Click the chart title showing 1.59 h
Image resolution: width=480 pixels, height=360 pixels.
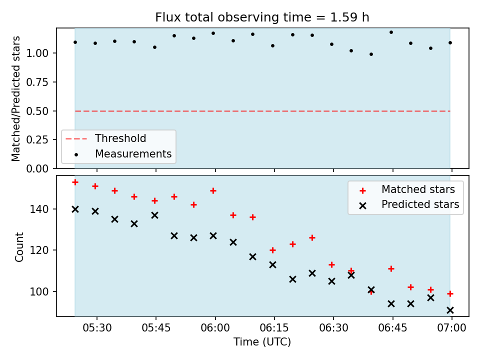[x=262, y=17]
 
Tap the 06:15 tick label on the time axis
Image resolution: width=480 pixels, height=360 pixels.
[x=274, y=328]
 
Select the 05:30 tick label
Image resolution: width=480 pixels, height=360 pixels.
[x=97, y=328]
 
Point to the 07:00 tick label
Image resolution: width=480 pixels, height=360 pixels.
[x=451, y=328]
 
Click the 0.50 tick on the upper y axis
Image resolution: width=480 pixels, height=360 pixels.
[x=37, y=111]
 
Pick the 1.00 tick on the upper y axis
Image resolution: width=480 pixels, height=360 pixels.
[x=37, y=53]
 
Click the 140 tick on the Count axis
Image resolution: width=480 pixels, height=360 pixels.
[x=39, y=209]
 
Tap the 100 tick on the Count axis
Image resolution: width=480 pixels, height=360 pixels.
[x=39, y=291]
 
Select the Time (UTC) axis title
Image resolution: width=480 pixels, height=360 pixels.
[x=262, y=341]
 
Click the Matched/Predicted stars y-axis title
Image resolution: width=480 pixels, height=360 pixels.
[x=15, y=98]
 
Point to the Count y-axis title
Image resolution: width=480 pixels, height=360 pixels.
[x=19, y=246]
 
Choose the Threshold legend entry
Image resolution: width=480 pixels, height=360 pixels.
[x=106, y=138]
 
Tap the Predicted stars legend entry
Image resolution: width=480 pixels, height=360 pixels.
[x=409, y=204]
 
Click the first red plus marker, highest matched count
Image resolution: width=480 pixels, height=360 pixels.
[x=75, y=182]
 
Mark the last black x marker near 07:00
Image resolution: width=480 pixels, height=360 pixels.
[x=450, y=310]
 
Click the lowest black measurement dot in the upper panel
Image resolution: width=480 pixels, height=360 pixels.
[x=371, y=54]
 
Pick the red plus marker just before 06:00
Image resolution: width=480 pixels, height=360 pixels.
[x=213, y=191]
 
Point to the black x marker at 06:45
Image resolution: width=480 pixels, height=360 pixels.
[x=391, y=304]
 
